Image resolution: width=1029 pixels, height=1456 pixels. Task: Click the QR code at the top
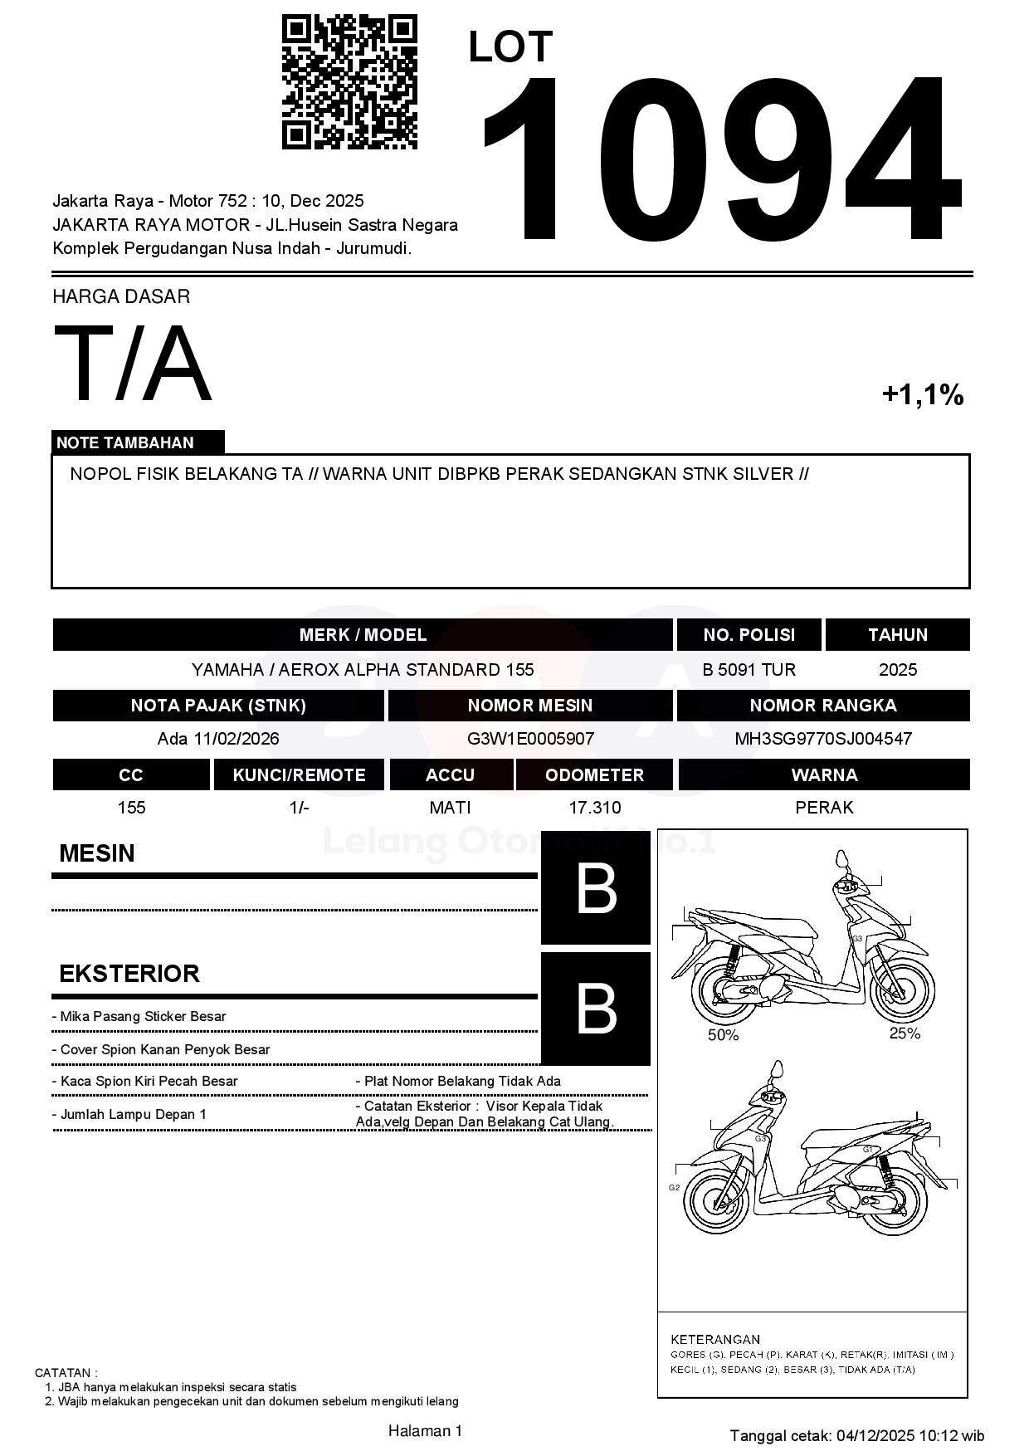(x=349, y=81)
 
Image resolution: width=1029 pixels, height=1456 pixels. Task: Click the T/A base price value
(x=133, y=364)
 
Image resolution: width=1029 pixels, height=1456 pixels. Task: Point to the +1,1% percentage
(x=922, y=394)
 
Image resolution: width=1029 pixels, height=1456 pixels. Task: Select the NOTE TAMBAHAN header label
(x=125, y=442)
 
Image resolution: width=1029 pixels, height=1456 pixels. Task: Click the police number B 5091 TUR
(x=749, y=669)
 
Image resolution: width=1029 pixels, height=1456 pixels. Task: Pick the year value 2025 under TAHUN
(x=897, y=669)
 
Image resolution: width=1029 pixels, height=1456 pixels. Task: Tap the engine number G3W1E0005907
(x=530, y=738)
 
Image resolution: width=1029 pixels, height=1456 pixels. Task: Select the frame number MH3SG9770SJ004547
(x=823, y=738)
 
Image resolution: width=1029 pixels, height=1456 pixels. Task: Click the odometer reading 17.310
(x=594, y=807)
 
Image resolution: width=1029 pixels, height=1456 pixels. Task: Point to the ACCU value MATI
(x=450, y=807)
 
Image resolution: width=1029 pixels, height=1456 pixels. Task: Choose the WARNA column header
(x=824, y=774)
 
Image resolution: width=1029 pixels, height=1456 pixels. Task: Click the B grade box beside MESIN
(x=595, y=888)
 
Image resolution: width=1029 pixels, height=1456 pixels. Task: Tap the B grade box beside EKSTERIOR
(x=595, y=1009)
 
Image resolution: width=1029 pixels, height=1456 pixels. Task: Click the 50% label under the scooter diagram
(x=723, y=1035)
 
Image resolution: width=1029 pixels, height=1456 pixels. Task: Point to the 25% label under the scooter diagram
(x=905, y=1033)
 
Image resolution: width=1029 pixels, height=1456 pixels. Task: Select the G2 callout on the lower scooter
(x=674, y=1187)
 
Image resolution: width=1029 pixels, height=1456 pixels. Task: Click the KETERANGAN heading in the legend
(x=714, y=1339)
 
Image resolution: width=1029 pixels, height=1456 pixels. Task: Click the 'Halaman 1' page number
(x=425, y=1430)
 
